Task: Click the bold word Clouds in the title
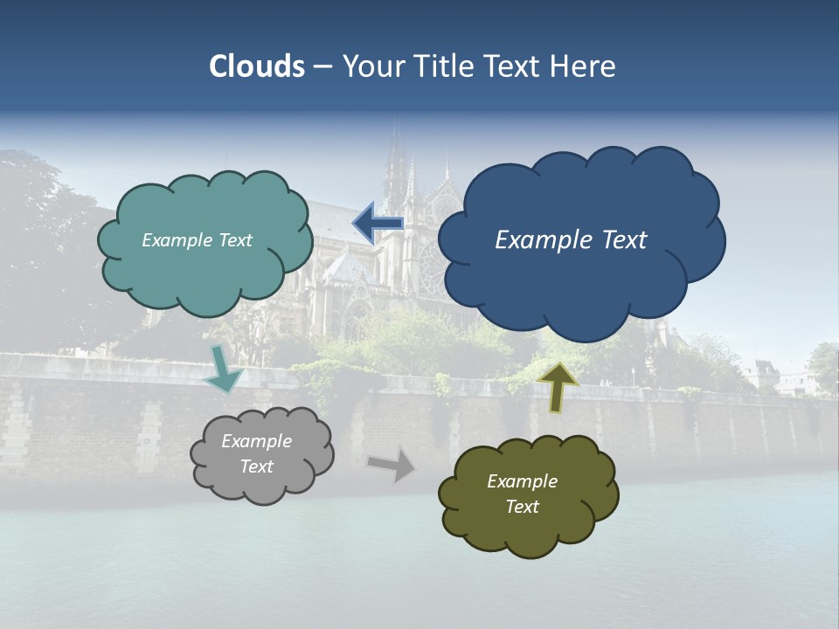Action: pos(257,66)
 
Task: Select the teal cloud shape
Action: pos(205,262)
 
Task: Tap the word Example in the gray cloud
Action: pos(256,441)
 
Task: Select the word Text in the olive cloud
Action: pos(522,507)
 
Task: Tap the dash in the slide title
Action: pos(322,66)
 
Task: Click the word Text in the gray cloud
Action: pos(256,467)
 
